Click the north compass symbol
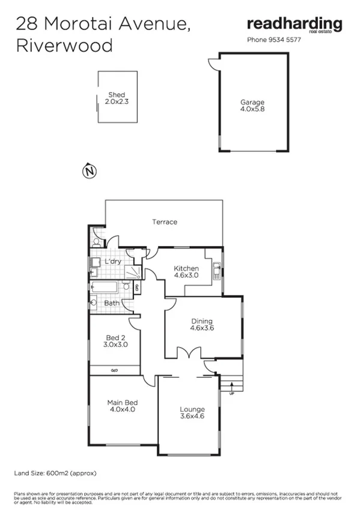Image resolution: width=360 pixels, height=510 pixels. (88, 171)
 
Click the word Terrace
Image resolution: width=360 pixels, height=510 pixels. (164, 222)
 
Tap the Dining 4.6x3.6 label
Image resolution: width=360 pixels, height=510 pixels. (202, 325)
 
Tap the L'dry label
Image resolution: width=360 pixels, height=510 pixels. (112, 262)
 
